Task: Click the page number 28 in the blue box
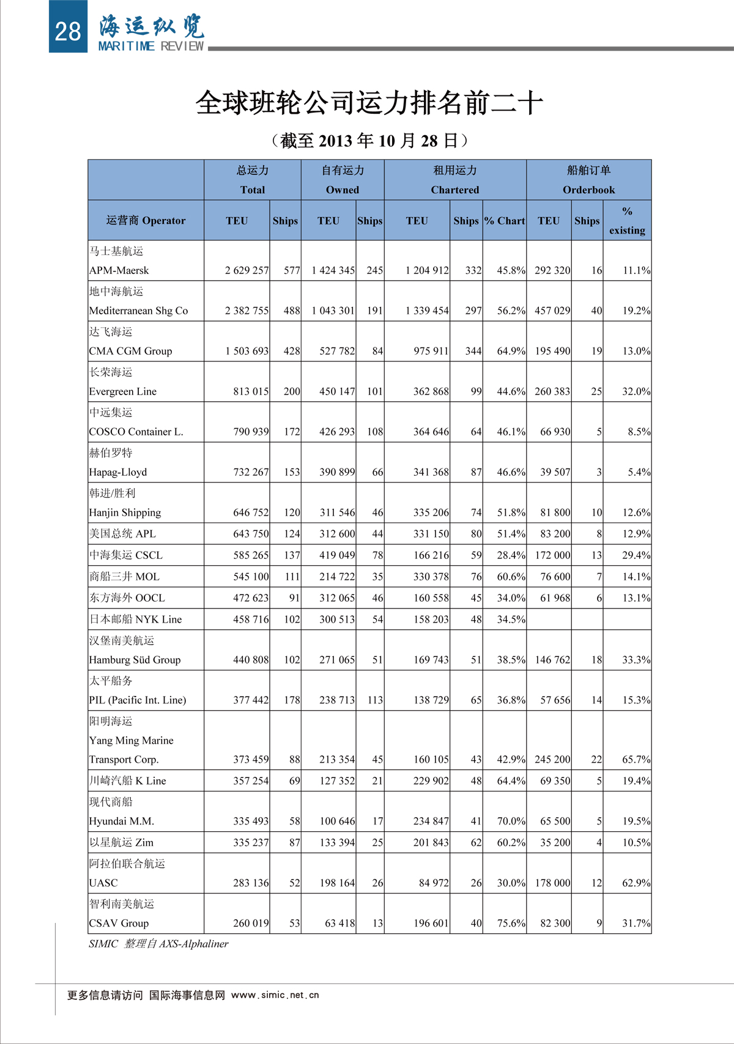[67, 31]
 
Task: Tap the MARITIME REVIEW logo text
[151, 46]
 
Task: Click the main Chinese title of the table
[369, 103]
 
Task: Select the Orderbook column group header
[588, 180]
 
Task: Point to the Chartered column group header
[454, 180]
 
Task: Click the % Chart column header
[505, 221]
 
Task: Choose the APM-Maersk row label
[119, 270]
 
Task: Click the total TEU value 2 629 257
[247, 270]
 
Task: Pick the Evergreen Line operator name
[123, 391]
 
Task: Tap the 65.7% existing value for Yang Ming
[636, 760]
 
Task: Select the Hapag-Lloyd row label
[118, 472]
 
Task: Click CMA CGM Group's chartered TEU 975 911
[431, 351]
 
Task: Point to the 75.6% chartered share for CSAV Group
[511, 924]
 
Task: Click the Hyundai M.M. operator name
[122, 821]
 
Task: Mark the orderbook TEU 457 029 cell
[552, 311]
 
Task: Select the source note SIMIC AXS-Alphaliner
[158, 944]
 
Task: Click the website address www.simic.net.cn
[275, 995]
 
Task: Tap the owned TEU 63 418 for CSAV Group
[339, 924]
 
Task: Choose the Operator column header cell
[146, 221]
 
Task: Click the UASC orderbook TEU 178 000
[552, 883]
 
